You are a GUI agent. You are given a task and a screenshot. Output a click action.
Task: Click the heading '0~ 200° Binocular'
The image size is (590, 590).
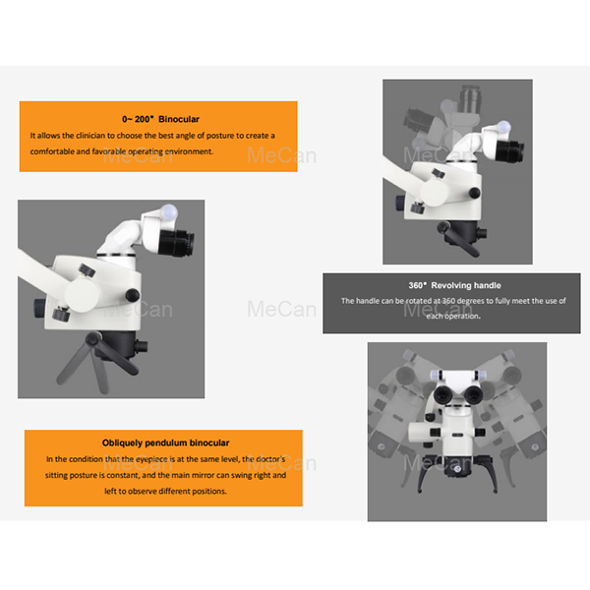pyautogui.click(x=158, y=117)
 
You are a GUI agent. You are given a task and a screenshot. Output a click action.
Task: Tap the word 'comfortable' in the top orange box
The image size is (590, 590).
pyautogui.click(x=56, y=151)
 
